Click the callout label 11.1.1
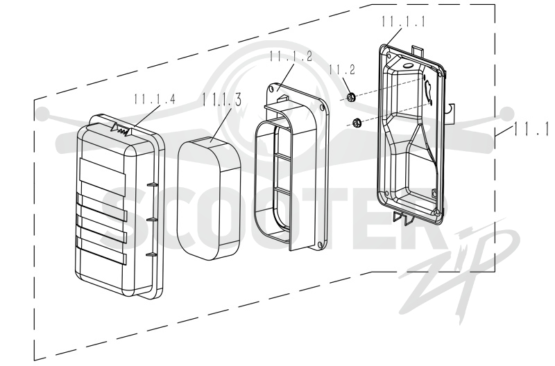pyautogui.click(x=403, y=21)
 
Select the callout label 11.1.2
pyautogui.click(x=291, y=56)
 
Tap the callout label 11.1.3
pyautogui.click(x=222, y=100)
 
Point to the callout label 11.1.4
pyautogui.click(x=155, y=99)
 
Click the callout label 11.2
pyautogui.click(x=342, y=69)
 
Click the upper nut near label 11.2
pyautogui.click(x=351, y=97)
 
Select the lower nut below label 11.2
pyautogui.click(x=356, y=123)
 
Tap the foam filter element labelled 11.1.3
pyautogui.click(x=210, y=198)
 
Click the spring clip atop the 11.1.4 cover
pyautogui.click(x=121, y=129)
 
